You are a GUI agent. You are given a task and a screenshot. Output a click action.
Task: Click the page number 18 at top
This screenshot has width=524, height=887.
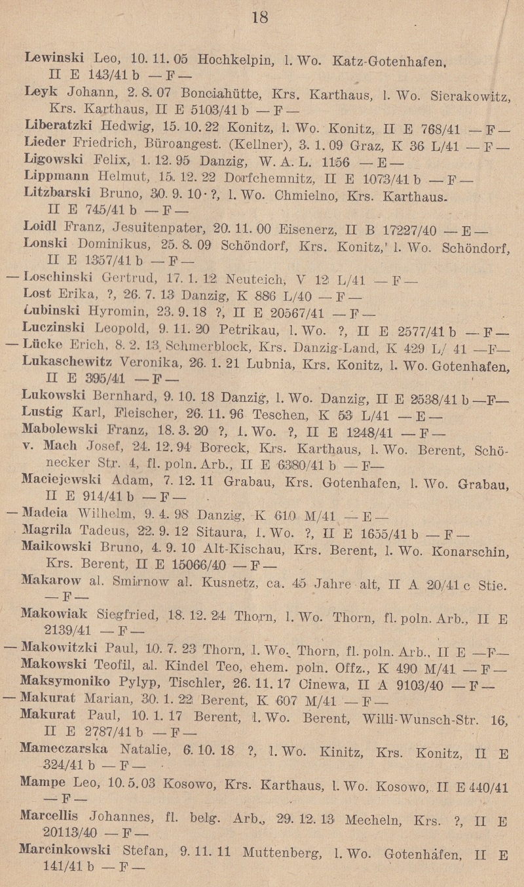[260, 17]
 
